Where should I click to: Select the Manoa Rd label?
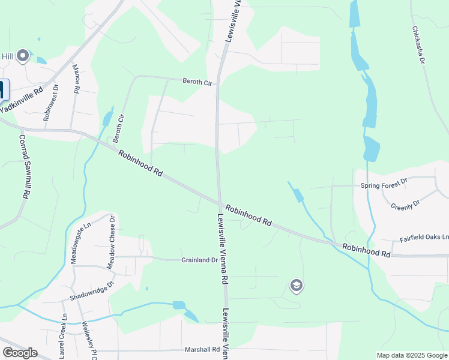(76, 79)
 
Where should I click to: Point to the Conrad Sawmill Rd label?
(24, 167)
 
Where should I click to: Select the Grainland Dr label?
(199, 260)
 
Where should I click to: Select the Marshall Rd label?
(202, 349)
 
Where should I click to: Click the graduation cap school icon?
(295, 286)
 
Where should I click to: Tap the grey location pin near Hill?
(23, 56)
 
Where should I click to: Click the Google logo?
(20, 353)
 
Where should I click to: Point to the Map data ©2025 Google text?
(412, 355)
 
